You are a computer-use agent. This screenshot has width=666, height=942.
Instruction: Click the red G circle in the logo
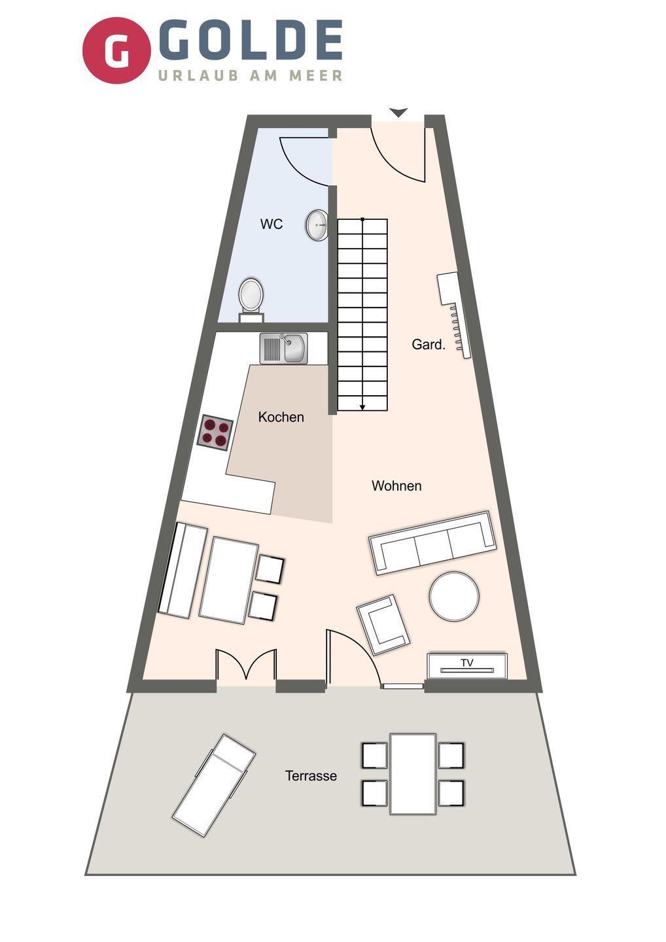click(116, 50)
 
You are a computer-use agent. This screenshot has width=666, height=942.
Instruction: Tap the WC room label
click(272, 224)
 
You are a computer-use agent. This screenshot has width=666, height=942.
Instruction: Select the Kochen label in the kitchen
click(281, 417)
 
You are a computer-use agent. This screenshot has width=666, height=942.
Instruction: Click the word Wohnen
click(396, 486)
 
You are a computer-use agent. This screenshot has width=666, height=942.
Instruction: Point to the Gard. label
click(429, 345)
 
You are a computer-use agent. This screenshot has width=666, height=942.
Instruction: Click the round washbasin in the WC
click(317, 225)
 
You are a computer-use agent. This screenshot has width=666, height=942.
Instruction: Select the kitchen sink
click(284, 349)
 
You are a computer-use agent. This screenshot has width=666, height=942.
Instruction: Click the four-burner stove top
click(215, 433)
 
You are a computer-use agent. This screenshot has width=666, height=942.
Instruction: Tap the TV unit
click(467, 666)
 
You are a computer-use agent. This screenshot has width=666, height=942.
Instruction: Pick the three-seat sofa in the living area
click(432, 544)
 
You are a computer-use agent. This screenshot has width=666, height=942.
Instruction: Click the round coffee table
click(454, 596)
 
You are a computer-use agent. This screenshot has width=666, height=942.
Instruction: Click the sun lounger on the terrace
click(213, 786)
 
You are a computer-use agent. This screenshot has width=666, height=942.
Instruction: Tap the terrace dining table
click(412, 775)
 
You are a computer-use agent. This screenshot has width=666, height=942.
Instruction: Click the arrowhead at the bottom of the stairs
click(362, 407)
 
